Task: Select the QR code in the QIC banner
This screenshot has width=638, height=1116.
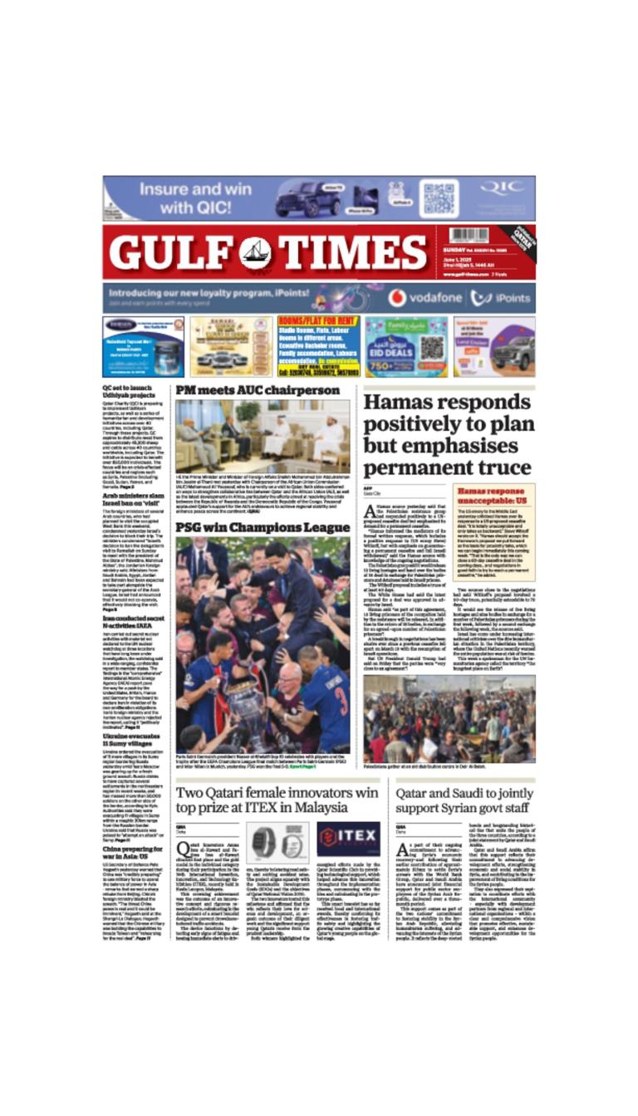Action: coord(439,198)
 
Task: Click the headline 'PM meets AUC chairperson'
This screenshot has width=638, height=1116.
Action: coord(257,390)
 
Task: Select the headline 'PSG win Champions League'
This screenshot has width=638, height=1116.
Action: coord(263,527)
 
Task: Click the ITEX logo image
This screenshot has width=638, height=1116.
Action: coord(348,839)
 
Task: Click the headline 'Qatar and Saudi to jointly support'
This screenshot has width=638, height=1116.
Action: coord(464,801)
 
